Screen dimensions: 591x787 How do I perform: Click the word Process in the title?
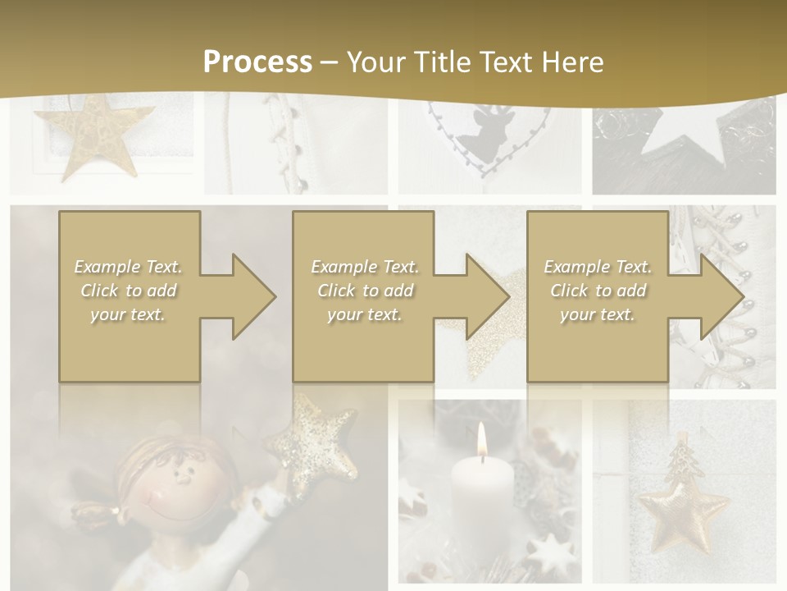(257, 62)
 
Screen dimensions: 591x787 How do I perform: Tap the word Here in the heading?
(571, 62)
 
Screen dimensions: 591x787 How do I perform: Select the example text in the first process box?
(128, 291)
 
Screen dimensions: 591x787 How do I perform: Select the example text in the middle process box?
(365, 291)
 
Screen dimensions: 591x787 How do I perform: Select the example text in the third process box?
(598, 291)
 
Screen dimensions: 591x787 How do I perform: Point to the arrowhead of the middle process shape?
(486, 296)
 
